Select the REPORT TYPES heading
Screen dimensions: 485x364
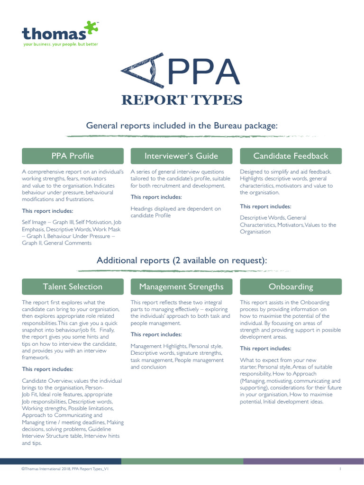182,100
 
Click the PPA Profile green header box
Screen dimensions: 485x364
73,156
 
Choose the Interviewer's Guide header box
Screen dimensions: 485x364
182,156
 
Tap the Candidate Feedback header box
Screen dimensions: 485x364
291,156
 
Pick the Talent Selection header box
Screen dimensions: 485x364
73,287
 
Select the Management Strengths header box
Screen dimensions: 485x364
182,287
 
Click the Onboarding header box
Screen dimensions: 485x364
291,287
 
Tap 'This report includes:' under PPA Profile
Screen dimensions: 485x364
47,211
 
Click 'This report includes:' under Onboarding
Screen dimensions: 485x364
265,348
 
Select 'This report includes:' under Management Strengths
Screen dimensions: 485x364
156,334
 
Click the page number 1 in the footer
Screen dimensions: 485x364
340,469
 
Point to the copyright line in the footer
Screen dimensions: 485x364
65,469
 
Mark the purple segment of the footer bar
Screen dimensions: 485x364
304,461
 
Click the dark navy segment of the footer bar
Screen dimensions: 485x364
61,461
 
